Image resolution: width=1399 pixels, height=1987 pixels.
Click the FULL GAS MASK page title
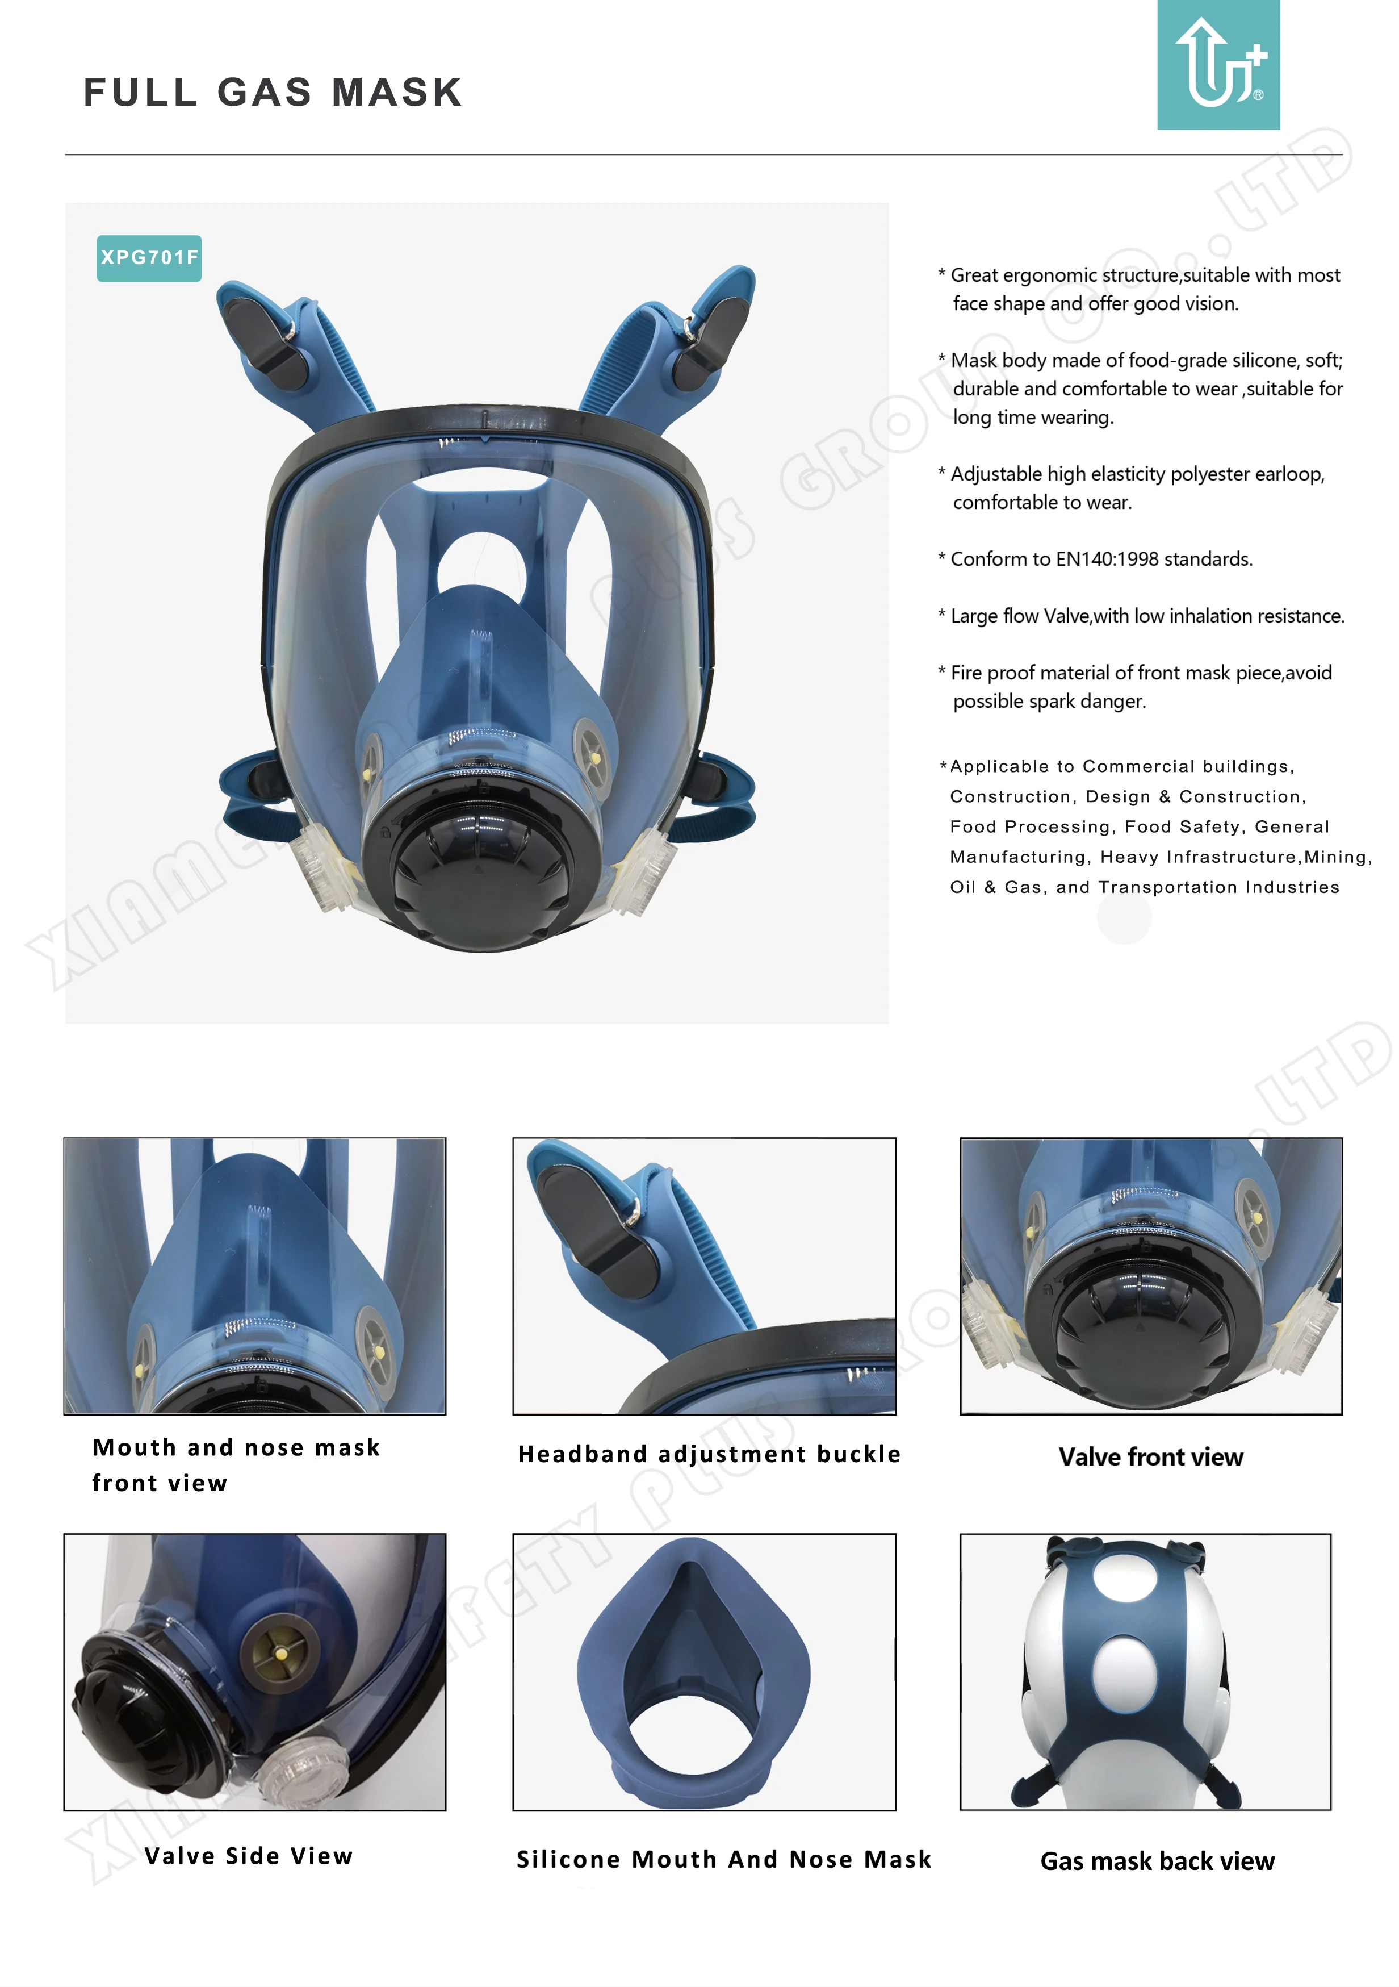tap(273, 93)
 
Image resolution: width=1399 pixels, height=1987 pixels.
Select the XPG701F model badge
tap(149, 258)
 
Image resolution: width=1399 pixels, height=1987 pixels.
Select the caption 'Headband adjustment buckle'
tap(709, 1454)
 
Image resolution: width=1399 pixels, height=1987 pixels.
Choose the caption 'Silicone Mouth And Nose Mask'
tap(723, 1859)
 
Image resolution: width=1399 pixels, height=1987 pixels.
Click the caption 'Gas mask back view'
tap(1157, 1861)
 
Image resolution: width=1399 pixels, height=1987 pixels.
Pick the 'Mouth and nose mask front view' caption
tap(235, 1464)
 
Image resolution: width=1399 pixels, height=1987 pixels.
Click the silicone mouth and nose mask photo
tap(703, 1672)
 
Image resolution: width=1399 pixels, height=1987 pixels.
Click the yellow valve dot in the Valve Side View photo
tap(281, 1654)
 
